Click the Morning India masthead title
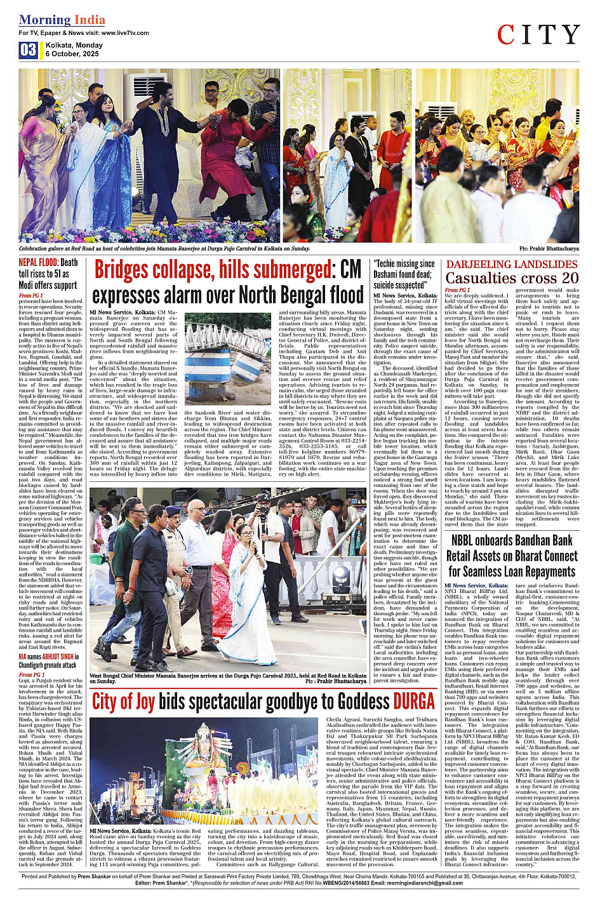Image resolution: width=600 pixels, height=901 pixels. [x=62, y=20]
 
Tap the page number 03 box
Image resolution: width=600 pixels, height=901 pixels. [x=28, y=50]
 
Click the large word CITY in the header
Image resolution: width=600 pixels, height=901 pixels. [x=538, y=35]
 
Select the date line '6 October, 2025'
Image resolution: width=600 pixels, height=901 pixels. [x=72, y=54]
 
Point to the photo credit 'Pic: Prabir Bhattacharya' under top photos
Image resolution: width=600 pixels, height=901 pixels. [x=549, y=249]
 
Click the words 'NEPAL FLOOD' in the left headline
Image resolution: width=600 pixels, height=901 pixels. [x=38, y=262]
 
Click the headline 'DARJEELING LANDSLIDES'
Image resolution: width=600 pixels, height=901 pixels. [x=512, y=264]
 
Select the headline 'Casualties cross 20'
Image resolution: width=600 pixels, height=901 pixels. [x=512, y=278]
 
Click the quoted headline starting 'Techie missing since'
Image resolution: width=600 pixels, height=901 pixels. [x=404, y=264]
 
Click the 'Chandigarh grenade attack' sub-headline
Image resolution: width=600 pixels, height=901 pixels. [x=47, y=665]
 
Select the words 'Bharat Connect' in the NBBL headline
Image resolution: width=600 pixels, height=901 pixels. [x=545, y=556]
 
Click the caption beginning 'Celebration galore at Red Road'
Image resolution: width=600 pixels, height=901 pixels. [x=164, y=249]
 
